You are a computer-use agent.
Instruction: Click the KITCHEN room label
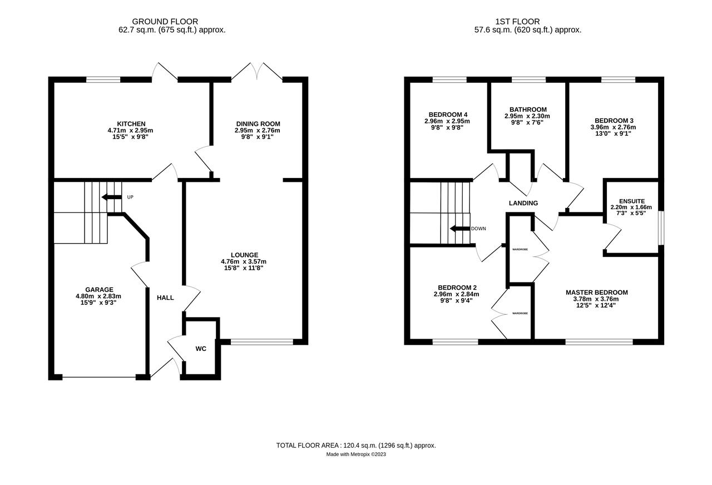131,123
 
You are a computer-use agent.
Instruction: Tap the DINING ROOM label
258,123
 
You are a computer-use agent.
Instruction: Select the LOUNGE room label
244,255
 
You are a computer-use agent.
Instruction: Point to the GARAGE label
99,289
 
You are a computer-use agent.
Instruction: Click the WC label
201,349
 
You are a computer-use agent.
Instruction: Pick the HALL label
165,298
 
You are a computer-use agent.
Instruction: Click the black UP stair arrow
111,197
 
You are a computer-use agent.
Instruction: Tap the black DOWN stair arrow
460,228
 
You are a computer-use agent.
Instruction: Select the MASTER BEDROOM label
596,292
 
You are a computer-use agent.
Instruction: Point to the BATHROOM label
528,110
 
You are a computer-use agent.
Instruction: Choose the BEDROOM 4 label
448,115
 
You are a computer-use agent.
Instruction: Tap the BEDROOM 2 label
456,288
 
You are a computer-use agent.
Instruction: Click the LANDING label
523,203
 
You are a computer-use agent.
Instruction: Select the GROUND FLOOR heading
172,22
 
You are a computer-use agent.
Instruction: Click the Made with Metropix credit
356,454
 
